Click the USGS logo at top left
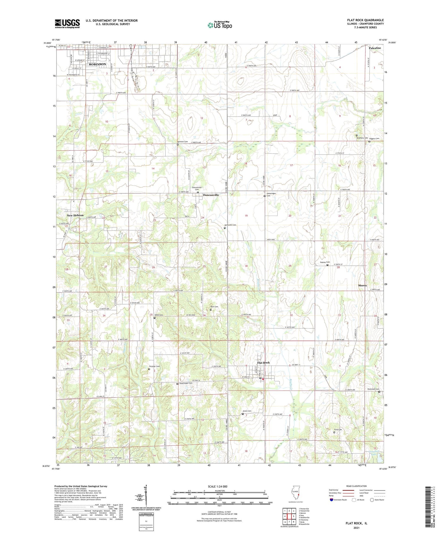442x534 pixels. point(67,24)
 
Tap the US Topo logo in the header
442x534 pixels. point(220,25)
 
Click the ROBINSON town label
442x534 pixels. point(97,64)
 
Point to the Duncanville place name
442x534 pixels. point(211,195)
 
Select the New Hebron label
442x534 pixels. point(75,215)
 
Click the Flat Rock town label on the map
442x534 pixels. point(263,363)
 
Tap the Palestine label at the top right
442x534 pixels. point(375,48)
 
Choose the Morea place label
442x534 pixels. point(362,285)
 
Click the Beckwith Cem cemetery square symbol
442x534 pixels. point(225,228)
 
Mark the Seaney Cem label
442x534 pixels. point(325,262)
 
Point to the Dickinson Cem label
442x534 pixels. point(373,389)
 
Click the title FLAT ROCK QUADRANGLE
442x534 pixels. point(365,20)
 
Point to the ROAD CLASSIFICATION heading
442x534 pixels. point(357,486)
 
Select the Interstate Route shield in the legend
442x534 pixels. point(331,500)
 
